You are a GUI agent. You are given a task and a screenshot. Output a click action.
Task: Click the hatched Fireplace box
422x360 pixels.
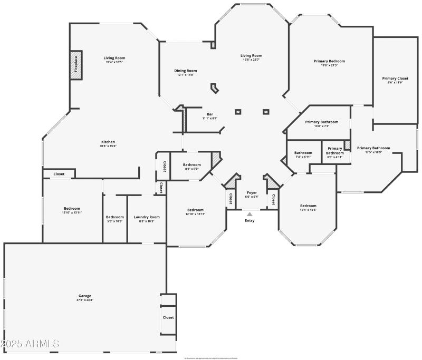[x=76, y=66]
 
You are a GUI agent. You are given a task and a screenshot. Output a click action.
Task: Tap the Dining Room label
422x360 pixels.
[x=185, y=71]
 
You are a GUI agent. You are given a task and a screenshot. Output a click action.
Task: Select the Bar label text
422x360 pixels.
[x=209, y=114]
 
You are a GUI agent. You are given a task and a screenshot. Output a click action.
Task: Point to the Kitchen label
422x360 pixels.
[x=108, y=142]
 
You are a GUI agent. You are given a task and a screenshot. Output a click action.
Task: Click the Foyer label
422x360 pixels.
[x=252, y=192]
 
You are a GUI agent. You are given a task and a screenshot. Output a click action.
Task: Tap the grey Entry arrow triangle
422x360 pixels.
[x=250, y=213]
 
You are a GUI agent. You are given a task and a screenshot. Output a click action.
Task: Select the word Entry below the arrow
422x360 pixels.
[x=250, y=220]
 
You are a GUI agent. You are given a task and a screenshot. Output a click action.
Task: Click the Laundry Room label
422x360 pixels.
[x=147, y=217]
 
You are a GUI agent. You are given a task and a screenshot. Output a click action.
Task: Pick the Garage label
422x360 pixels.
[x=85, y=296]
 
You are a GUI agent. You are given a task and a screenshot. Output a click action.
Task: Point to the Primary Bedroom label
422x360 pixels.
[x=329, y=61]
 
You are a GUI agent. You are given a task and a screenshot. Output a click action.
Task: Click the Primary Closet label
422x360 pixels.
[x=395, y=79]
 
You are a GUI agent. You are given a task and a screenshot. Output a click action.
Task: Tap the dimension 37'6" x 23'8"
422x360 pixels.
[x=85, y=300]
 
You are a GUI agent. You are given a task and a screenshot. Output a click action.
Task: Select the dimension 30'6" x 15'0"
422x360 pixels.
[x=108, y=146]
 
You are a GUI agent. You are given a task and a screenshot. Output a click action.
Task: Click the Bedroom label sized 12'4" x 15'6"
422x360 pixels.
[x=308, y=206]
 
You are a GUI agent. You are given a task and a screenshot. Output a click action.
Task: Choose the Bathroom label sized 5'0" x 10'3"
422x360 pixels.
[x=114, y=217]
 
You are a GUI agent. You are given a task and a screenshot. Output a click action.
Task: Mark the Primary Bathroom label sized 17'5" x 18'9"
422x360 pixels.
[x=373, y=148]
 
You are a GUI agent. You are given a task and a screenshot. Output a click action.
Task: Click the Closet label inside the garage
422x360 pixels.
[x=168, y=317]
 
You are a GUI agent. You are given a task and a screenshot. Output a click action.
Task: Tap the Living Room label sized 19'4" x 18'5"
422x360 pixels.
[x=114, y=58]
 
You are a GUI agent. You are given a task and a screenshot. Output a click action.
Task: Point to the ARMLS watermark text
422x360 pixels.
[x=30, y=344]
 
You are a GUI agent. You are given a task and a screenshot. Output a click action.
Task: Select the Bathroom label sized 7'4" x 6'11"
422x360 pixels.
[x=303, y=153]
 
